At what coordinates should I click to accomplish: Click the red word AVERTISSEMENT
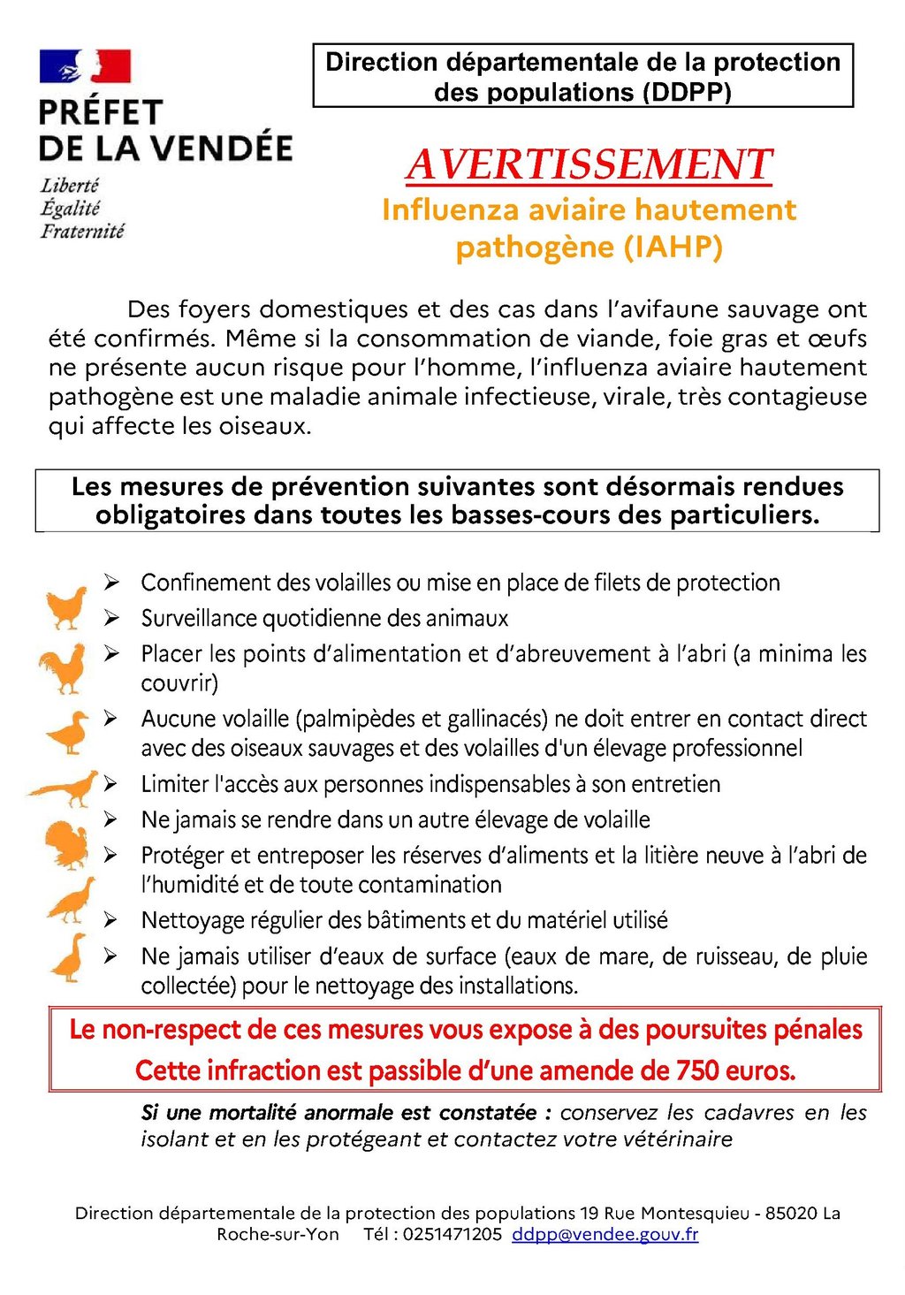point(589,165)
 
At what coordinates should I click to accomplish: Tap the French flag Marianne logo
point(85,66)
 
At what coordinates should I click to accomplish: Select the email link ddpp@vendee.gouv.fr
point(605,1235)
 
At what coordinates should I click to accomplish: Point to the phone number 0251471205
point(452,1235)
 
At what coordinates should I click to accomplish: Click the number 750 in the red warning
point(698,1071)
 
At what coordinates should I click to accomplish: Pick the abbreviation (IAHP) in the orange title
point(673,247)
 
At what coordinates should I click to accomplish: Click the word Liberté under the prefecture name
point(70,186)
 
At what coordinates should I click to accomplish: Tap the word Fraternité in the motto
point(82,232)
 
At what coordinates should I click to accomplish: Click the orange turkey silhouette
point(67,845)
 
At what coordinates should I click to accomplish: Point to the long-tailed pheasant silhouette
point(64,788)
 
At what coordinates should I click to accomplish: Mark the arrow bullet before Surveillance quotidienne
point(111,618)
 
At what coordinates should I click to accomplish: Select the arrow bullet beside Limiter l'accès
point(111,784)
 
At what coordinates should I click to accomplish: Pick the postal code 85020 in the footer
point(791,1214)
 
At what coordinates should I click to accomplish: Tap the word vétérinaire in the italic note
point(678,1139)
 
